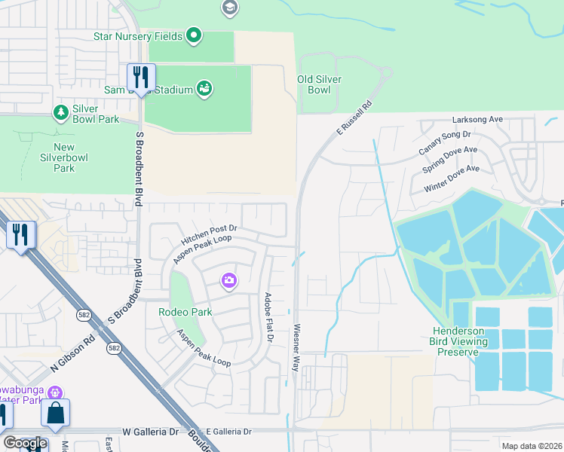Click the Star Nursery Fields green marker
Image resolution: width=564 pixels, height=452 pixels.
click(194, 35)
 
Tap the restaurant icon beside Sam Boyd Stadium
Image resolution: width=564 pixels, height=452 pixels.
click(141, 77)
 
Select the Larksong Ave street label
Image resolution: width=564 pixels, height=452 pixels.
click(477, 120)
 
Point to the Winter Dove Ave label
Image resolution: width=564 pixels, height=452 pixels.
click(452, 179)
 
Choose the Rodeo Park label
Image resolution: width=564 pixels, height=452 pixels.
click(185, 312)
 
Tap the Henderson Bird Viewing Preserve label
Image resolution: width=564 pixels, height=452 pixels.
click(470, 341)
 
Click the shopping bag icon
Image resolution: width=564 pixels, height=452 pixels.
click(56, 414)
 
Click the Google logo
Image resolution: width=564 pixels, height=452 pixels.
click(26, 443)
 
